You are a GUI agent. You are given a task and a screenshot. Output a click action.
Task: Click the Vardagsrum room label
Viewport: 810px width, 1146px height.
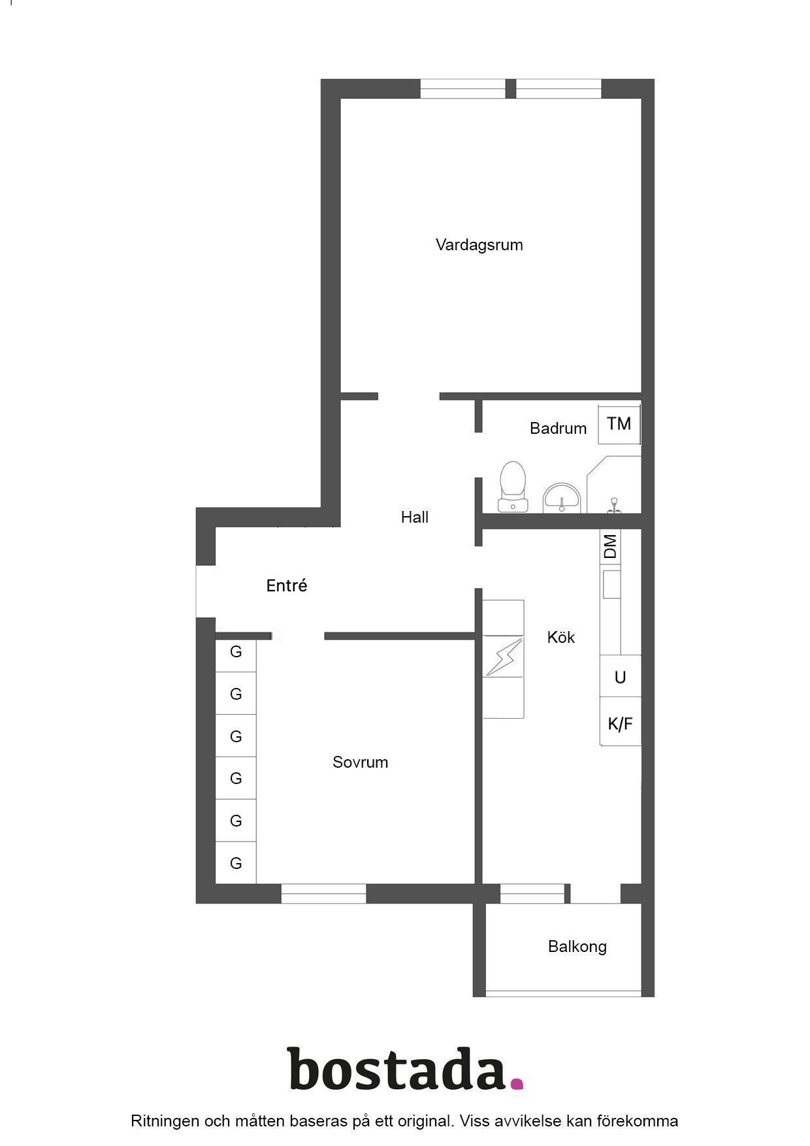[479, 245]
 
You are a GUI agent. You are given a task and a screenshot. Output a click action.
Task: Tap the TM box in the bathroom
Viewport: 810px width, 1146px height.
[619, 424]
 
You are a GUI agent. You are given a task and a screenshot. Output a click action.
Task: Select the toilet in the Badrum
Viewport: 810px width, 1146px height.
[513, 487]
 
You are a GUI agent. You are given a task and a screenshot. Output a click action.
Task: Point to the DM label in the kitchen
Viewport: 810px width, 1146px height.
[610, 546]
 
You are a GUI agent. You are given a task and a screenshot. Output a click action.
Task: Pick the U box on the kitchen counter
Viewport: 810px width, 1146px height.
[621, 677]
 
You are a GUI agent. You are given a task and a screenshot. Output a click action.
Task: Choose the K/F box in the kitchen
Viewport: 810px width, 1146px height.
[621, 723]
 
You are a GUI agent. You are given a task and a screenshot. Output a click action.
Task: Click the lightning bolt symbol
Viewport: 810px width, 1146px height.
[504, 657]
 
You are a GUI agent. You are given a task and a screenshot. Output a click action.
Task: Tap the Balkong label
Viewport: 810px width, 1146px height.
[577, 947]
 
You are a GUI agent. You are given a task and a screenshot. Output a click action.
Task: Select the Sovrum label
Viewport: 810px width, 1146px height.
[361, 762]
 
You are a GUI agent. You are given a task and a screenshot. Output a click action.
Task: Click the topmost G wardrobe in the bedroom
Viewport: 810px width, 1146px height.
[236, 651]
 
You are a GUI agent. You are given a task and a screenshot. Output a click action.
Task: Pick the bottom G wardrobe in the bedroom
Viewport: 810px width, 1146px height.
[236, 863]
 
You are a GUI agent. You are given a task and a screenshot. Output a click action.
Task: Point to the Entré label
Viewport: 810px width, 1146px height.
[287, 585]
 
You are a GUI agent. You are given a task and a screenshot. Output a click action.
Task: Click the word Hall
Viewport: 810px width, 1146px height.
[415, 517]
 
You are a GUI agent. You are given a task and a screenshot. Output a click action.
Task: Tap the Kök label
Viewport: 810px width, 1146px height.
[561, 637]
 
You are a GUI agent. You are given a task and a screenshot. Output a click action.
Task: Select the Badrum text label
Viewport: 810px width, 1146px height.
[559, 429]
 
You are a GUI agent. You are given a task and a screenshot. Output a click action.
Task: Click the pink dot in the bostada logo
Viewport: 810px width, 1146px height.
[517, 1084]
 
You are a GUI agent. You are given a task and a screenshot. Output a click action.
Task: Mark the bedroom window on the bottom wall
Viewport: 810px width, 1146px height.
[324, 893]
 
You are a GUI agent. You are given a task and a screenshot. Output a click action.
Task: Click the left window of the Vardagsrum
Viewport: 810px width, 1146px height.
[462, 89]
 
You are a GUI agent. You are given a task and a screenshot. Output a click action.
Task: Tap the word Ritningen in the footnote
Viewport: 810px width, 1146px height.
[165, 1122]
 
